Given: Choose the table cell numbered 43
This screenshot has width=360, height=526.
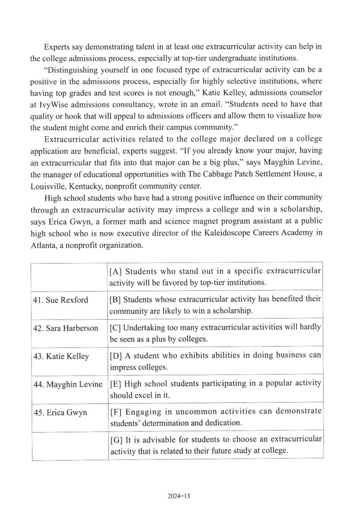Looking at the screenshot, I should tap(61, 357).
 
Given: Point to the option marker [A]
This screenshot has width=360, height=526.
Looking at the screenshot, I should tap(117, 272).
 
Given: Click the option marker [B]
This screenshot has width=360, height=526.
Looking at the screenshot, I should tap(117, 299).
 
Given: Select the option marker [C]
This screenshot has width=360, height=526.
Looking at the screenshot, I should tap(117, 327).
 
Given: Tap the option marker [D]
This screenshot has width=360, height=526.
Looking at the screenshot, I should tap(117, 356).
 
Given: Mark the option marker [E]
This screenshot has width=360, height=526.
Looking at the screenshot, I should tap(117, 383).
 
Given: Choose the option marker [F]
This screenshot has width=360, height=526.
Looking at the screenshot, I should tap(117, 412).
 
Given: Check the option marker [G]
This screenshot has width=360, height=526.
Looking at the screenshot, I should tap(117, 440).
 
